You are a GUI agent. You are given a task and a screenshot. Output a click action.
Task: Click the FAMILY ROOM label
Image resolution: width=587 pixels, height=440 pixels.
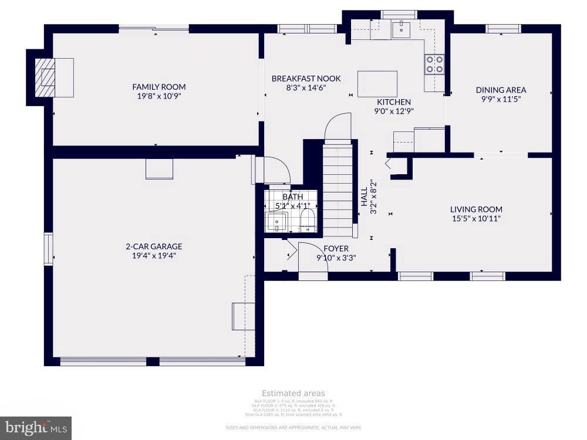(x=156, y=87)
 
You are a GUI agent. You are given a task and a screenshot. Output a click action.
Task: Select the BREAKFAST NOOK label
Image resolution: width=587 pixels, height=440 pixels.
(x=306, y=79)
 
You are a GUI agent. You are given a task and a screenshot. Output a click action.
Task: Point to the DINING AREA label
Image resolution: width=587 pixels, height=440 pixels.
(x=501, y=90)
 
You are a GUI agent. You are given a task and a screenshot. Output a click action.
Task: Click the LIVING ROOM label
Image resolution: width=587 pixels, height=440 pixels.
(x=476, y=209)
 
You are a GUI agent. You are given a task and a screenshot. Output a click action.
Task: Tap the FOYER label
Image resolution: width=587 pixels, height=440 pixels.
(x=336, y=249)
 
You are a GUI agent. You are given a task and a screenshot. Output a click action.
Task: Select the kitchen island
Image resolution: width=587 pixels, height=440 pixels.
(x=377, y=83)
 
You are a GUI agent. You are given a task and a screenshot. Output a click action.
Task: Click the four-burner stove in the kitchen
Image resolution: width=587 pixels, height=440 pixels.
(x=434, y=64)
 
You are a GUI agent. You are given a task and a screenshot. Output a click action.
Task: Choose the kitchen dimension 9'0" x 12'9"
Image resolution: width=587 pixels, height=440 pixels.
(x=394, y=111)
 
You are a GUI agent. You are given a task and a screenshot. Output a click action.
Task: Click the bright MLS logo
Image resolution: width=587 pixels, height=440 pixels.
(x=35, y=428)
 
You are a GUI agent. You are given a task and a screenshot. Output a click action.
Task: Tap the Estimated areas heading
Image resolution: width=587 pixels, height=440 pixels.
(x=293, y=393)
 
